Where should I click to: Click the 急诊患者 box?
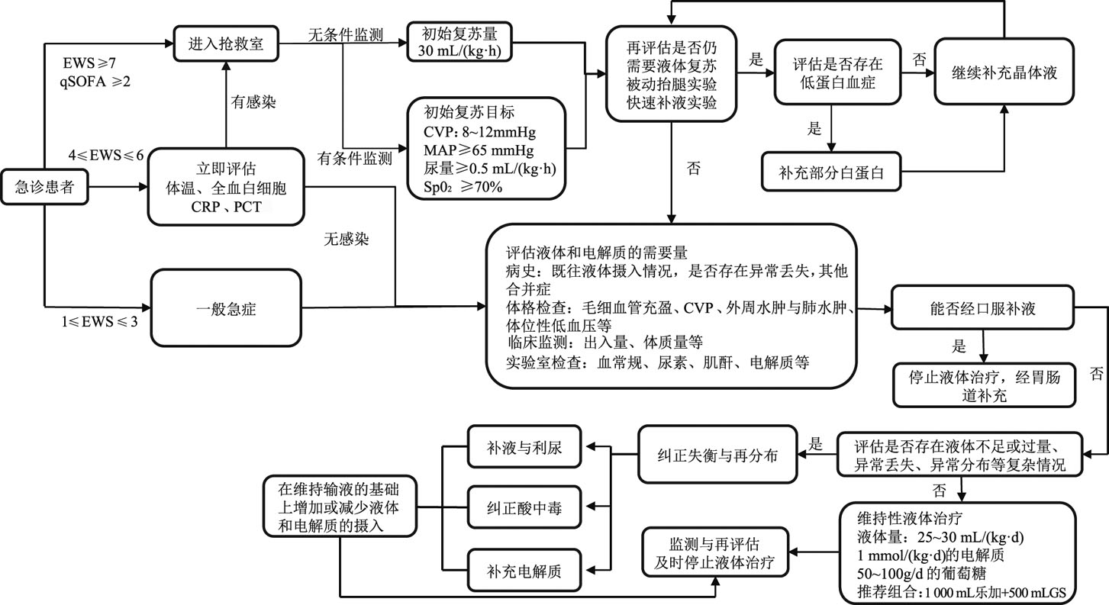[x=45, y=186]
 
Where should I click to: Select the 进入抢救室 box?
[x=226, y=43]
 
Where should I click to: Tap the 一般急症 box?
[x=226, y=309]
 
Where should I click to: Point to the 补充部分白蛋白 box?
[x=832, y=172]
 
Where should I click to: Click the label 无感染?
[x=346, y=240]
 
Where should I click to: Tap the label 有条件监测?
[x=355, y=159]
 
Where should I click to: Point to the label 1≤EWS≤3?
[x=101, y=320]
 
